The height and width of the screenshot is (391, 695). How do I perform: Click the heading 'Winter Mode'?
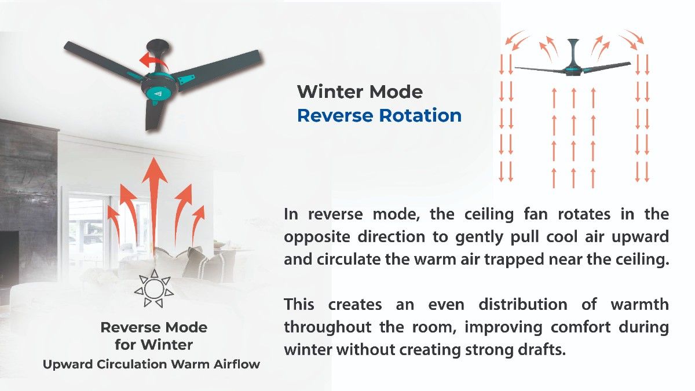click(x=360, y=92)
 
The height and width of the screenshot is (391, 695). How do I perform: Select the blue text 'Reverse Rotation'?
click(x=379, y=115)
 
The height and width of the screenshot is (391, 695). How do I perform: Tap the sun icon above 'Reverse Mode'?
click(x=153, y=287)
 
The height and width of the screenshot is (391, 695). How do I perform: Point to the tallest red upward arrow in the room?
click(x=153, y=197)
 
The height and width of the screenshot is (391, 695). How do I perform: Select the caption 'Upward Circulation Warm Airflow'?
click(x=152, y=364)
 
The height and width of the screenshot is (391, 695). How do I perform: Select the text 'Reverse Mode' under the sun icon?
click(x=153, y=327)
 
